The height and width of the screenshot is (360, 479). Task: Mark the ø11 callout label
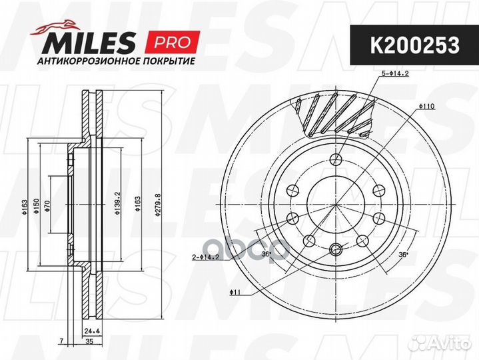[235, 292]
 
